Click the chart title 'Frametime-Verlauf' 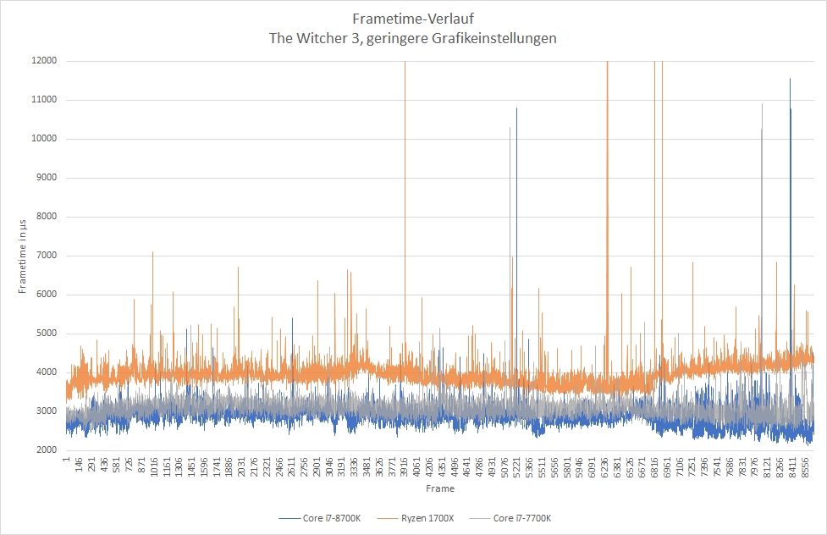(x=413, y=18)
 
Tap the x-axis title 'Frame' (x=440, y=488)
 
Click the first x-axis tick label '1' (x=66, y=461)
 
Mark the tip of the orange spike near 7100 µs (x=153, y=251)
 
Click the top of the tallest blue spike (x=790, y=79)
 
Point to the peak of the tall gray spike (x=762, y=104)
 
